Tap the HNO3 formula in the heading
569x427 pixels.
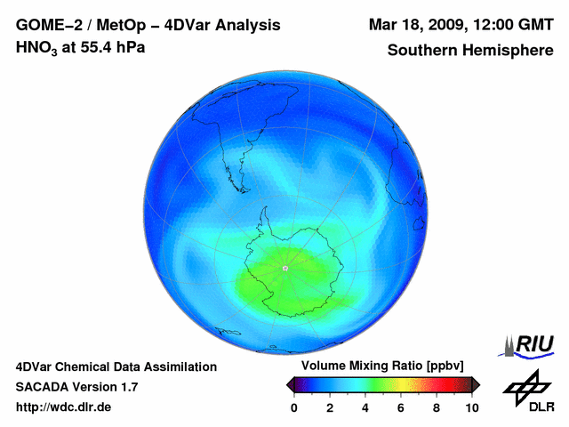(x=35, y=47)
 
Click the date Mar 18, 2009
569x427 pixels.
(x=418, y=24)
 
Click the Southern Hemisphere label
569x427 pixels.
(x=470, y=51)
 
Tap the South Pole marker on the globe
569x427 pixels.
(x=285, y=268)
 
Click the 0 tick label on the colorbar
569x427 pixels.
(x=294, y=407)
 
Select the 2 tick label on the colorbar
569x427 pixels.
(x=330, y=407)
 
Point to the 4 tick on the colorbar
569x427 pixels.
(x=365, y=407)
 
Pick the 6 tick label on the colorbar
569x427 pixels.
(x=401, y=407)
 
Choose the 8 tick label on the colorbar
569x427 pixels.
(x=437, y=407)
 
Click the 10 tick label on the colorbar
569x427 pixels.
(x=471, y=407)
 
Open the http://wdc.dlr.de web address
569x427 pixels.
(x=64, y=407)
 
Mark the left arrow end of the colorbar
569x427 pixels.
(x=290, y=384)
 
